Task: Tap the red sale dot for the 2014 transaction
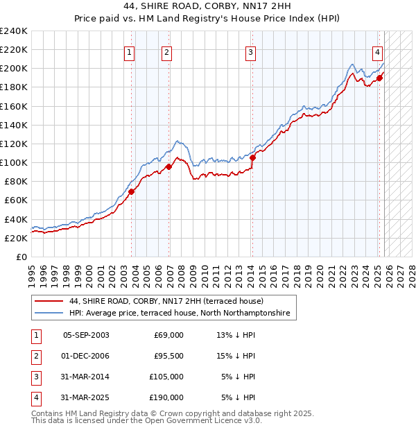252,157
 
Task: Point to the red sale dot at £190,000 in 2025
380,78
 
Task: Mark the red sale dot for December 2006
168,166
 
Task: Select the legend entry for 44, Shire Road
166,302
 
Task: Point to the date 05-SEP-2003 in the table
86,335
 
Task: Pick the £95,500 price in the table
168,356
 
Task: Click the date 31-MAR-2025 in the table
86,397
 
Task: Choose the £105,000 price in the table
166,377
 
